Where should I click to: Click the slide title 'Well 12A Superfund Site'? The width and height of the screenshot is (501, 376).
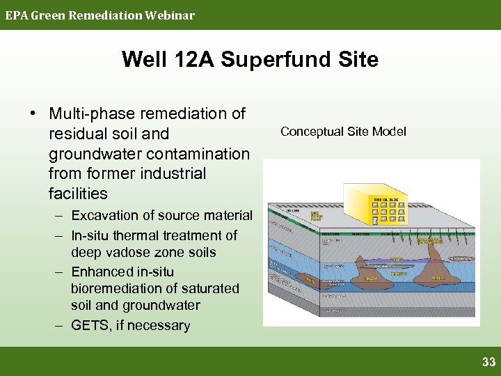[250, 59]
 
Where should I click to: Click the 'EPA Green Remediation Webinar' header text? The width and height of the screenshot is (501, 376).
[100, 15]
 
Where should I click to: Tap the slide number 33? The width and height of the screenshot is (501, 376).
[488, 361]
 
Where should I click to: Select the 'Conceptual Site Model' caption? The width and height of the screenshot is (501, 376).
[343, 132]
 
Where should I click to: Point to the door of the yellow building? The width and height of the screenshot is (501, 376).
[376, 220]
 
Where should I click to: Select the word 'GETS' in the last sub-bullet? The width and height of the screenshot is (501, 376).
[90, 325]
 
